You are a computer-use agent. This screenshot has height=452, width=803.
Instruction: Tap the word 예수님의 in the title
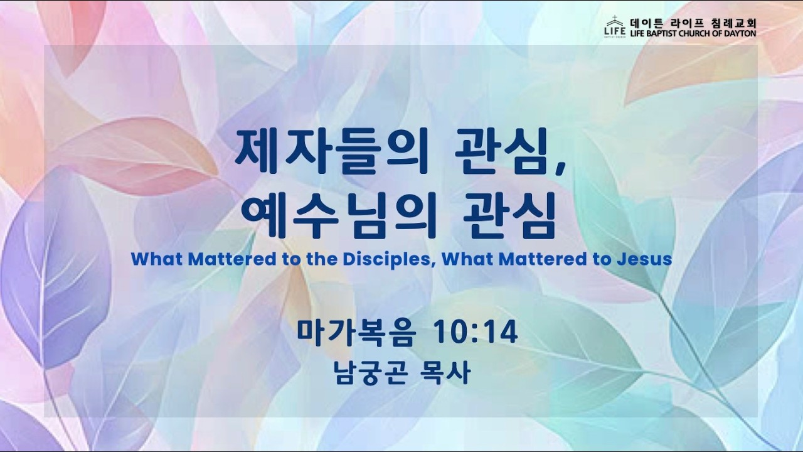338,215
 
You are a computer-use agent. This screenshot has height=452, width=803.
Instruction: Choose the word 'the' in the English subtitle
322,259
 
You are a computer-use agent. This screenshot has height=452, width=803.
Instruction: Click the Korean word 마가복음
356,333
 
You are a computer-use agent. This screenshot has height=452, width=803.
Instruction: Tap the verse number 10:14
476,333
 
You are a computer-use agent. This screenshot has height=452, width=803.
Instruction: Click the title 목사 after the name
445,373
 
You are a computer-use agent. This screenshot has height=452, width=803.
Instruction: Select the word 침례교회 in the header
733,24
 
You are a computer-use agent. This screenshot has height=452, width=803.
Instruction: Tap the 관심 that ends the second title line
509,215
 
